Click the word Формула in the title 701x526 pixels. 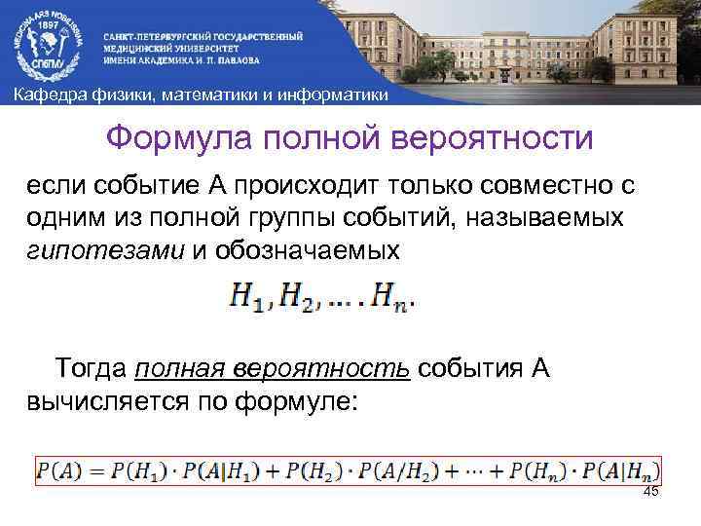(x=182, y=137)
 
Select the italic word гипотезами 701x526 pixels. (x=104, y=249)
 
